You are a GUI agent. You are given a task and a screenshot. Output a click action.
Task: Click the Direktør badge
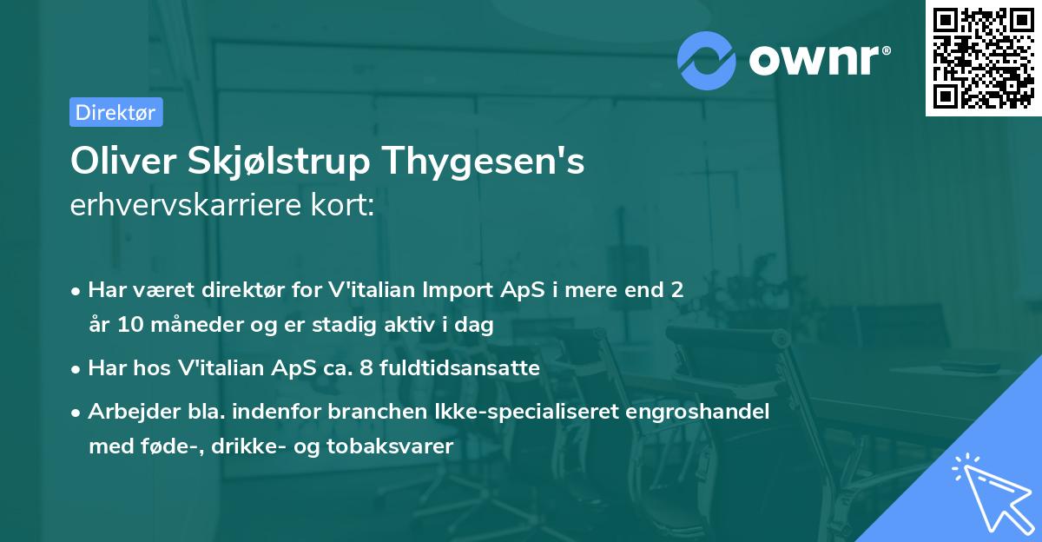(x=115, y=112)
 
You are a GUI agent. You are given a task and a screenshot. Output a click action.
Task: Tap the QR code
(x=983, y=57)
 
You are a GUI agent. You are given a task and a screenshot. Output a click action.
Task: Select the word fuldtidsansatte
(x=469, y=368)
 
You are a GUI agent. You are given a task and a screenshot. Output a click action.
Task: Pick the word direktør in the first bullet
(x=252, y=289)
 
